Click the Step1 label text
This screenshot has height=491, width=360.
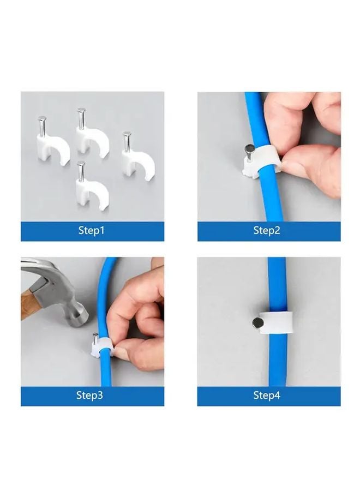[91, 231]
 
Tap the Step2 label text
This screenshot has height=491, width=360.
[267, 231]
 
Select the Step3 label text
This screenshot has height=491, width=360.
[90, 396]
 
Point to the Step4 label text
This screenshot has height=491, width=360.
[267, 396]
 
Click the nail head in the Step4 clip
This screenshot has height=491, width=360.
[256, 323]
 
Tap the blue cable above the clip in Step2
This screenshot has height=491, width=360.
[255, 117]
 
